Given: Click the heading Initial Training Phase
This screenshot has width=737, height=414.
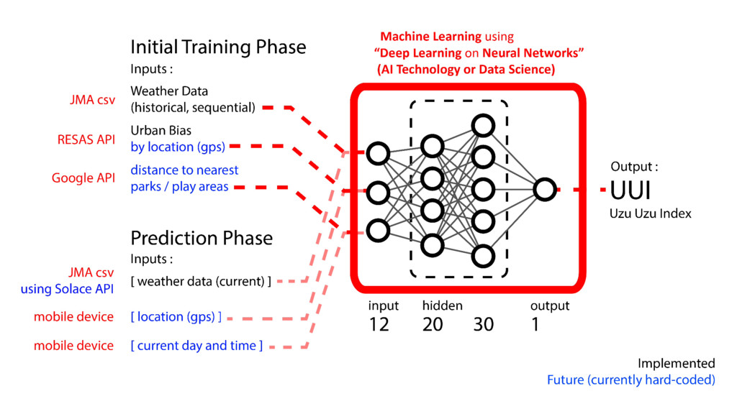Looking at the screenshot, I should (x=218, y=47).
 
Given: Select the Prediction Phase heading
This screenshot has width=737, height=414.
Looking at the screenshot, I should (x=202, y=238).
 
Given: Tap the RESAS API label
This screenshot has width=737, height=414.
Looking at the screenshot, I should (x=86, y=139).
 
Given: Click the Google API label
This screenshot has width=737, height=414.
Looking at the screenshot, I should (x=83, y=178).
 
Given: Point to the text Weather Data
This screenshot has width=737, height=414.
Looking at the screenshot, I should (x=169, y=91).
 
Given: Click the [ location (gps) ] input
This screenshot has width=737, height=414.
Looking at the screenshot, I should (x=176, y=317).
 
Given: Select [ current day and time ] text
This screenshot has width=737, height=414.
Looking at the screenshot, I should (x=196, y=346).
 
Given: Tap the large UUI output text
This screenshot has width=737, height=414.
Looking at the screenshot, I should (x=631, y=192).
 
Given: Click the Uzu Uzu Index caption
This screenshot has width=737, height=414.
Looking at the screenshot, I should (x=650, y=213).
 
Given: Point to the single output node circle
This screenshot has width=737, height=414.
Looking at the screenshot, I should (x=545, y=190).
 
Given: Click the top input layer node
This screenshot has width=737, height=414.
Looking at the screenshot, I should (x=378, y=153).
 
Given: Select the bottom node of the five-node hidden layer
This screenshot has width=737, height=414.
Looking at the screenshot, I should (x=484, y=255).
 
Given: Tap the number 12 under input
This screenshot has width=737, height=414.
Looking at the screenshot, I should (x=379, y=325).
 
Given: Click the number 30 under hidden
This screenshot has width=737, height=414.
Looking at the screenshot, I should (x=484, y=325).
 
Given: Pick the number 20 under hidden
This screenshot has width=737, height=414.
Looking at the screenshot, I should (x=433, y=325).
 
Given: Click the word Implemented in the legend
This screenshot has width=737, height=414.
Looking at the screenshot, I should (x=676, y=364).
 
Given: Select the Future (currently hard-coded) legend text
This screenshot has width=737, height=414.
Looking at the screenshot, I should (x=630, y=380).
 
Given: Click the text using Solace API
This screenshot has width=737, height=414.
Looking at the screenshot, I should (x=67, y=289).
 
